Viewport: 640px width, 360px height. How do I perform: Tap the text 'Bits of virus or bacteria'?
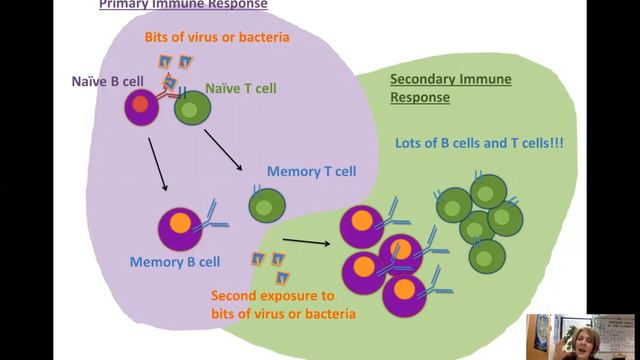(217, 37)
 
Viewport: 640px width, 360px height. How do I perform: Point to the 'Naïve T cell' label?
(241, 88)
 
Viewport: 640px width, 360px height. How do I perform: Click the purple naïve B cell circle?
(142, 107)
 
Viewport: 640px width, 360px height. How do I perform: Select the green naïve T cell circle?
(192, 107)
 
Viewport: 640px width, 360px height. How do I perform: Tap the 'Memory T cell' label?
(311, 171)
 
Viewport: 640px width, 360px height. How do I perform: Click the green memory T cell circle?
(266, 206)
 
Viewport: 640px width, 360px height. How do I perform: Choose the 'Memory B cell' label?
(175, 263)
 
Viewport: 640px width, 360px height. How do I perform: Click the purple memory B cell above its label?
(180, 228)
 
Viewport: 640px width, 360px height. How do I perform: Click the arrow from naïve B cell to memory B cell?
(157, 165)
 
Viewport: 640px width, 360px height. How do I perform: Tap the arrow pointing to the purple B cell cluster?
(306, 240)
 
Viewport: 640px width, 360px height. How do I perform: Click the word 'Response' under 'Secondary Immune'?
(421, 98)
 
